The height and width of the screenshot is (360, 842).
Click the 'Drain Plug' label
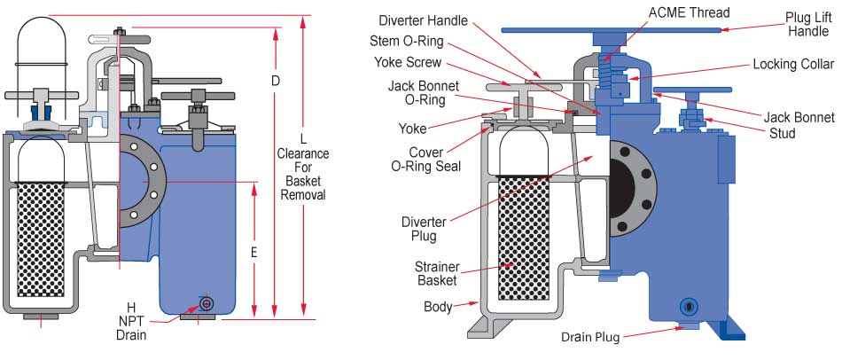pos(589,337)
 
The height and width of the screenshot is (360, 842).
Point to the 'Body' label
pos(438,307)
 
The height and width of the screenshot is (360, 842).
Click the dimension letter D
pos(276,81)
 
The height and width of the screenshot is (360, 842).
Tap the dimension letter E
pos(253,252)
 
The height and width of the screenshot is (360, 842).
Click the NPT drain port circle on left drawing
pos(207,303)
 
